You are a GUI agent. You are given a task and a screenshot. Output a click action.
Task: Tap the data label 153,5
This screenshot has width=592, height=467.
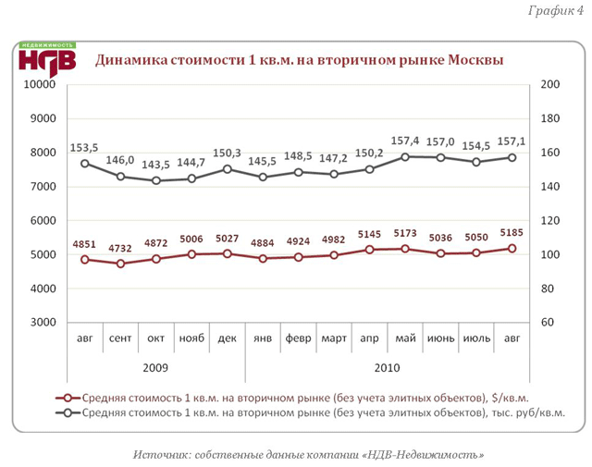(x=84, y=147)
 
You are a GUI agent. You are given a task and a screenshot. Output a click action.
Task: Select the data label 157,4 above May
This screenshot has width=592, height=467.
(x=405, y=141)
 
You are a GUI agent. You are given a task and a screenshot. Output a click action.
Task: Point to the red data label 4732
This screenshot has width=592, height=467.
(x=120, y=247)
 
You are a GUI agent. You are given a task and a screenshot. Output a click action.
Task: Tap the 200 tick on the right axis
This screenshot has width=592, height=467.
(x=549, y=85)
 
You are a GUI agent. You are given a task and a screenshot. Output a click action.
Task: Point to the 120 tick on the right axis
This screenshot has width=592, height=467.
(x=549, y=221)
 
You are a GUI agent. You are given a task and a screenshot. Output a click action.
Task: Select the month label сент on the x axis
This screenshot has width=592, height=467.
(x=120, y=339)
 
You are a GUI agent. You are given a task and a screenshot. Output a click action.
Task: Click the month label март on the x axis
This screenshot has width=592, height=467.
(x=334, y=339)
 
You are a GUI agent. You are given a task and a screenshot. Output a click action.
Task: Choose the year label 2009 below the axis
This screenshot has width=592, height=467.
(x=155, y=367)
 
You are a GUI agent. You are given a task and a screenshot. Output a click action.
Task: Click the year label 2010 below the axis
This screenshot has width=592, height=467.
(x=387, y=367)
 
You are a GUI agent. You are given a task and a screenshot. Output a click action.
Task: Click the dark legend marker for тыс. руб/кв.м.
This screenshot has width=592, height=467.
(x=62, y=412)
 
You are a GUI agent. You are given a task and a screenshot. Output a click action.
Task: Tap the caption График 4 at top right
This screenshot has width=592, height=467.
(x=556, y=11)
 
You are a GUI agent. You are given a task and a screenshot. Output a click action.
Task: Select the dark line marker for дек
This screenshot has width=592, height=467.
(x=227, y=169)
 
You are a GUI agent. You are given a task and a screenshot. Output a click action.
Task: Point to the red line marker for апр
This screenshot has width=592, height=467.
(x=369, y=250)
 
